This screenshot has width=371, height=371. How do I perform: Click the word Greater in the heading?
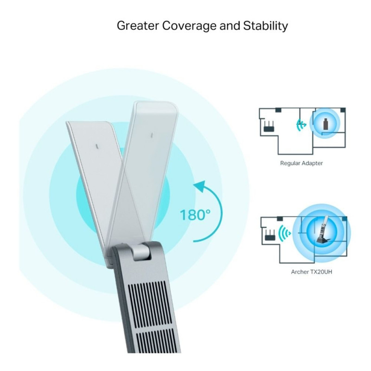[x=138, y=26]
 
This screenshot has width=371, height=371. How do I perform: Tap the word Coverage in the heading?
[x=189, y=26]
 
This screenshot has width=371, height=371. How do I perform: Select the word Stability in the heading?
[x=265, y=26]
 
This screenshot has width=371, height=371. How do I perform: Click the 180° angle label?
[x=195, y=215]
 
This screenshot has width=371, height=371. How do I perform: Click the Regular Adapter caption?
[x=301, y=163]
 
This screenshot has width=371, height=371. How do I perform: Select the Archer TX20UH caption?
[x=311, y=272]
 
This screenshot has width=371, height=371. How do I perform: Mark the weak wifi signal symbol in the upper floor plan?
[x=301, y=124]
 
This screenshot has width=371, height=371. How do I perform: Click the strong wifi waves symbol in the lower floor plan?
[x=284, y=234]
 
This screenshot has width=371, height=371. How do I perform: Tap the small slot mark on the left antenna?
[x=97, y=147]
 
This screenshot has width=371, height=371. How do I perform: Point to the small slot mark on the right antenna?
[x=152, y=135]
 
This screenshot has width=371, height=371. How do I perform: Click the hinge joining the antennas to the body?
[x=142, y=252]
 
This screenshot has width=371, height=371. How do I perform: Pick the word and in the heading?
[x=230, y=26]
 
